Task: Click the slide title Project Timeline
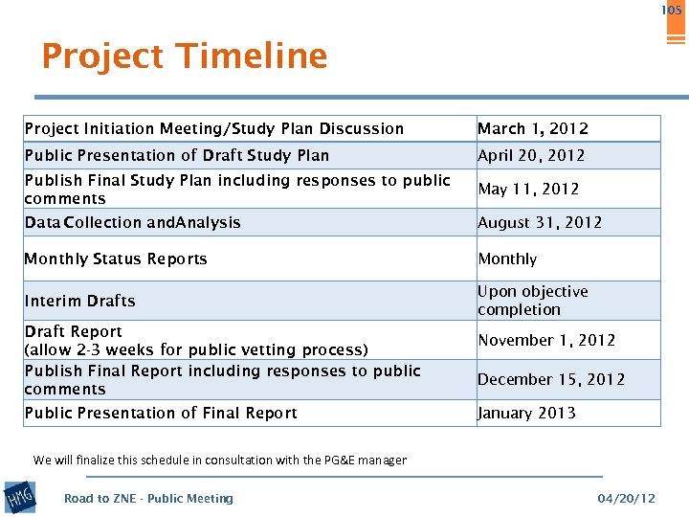pyautogui.click(x=184, y=56)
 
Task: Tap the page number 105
pyautogui.click(x=672, y=11)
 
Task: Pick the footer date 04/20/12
pyautogui.click(x=626, y=499)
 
